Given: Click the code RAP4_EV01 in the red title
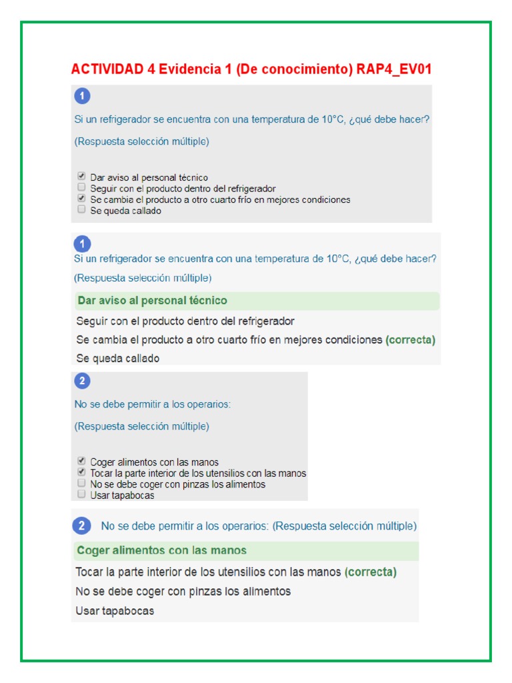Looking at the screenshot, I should click(x=398, y=69).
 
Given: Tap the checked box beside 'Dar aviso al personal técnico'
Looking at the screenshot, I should click(x=81, y=177).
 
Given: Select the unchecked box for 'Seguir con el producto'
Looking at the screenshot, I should click(x=81, y=187).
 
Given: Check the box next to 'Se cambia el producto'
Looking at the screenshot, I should click(x=81, y=199).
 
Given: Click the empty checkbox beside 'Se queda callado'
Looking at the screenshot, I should click(x=81, y=209).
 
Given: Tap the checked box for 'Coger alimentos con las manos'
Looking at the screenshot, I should click(x=81, y=461).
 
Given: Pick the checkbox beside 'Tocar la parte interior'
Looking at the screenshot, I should click(x=81, y=472).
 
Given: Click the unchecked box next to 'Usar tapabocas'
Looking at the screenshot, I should click(x=81, y=494).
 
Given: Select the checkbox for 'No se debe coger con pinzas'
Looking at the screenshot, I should click(x=81, y=483).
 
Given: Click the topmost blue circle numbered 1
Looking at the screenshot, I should click(x=82, y=97).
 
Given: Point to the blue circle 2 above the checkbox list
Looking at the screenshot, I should click(x=82, y=382).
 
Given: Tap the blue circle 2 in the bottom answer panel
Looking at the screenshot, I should click(x=81, y=526).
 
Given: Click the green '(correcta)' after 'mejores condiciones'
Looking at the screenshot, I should click(x=410, y=339).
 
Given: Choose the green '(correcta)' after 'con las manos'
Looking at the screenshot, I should click(x=371, y=572).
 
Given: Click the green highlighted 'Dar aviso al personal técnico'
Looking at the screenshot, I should click(x=152, y=301).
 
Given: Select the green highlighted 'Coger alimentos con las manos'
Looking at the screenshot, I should click(x=161, y=550).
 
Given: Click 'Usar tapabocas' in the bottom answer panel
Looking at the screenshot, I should click(x=115, y=610).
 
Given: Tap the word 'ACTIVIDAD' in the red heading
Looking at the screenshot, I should click(x=106, y=69).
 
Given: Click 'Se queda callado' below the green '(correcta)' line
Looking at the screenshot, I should click(x=118, y=358).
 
